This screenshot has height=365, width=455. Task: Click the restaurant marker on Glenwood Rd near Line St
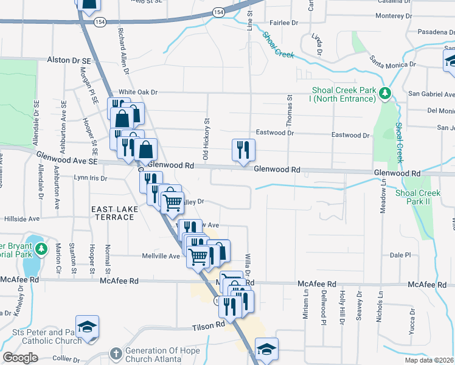pyautogui.click(x=243, y=150)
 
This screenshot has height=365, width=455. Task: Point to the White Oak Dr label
pyautogui.click(x=138, y=92)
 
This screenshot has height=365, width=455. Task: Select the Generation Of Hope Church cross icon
pyautogui.click(x=116, y=353)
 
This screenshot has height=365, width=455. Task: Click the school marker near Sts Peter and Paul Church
pyautogui.click(x=87, y=326)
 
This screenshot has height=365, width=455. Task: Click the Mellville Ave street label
pyautogui.click(x=161, y=256)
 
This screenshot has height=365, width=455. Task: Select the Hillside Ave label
pyautogui.click(x=22, y=218)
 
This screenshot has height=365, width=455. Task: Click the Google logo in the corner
pyautogui.click(x=19, y=358)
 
